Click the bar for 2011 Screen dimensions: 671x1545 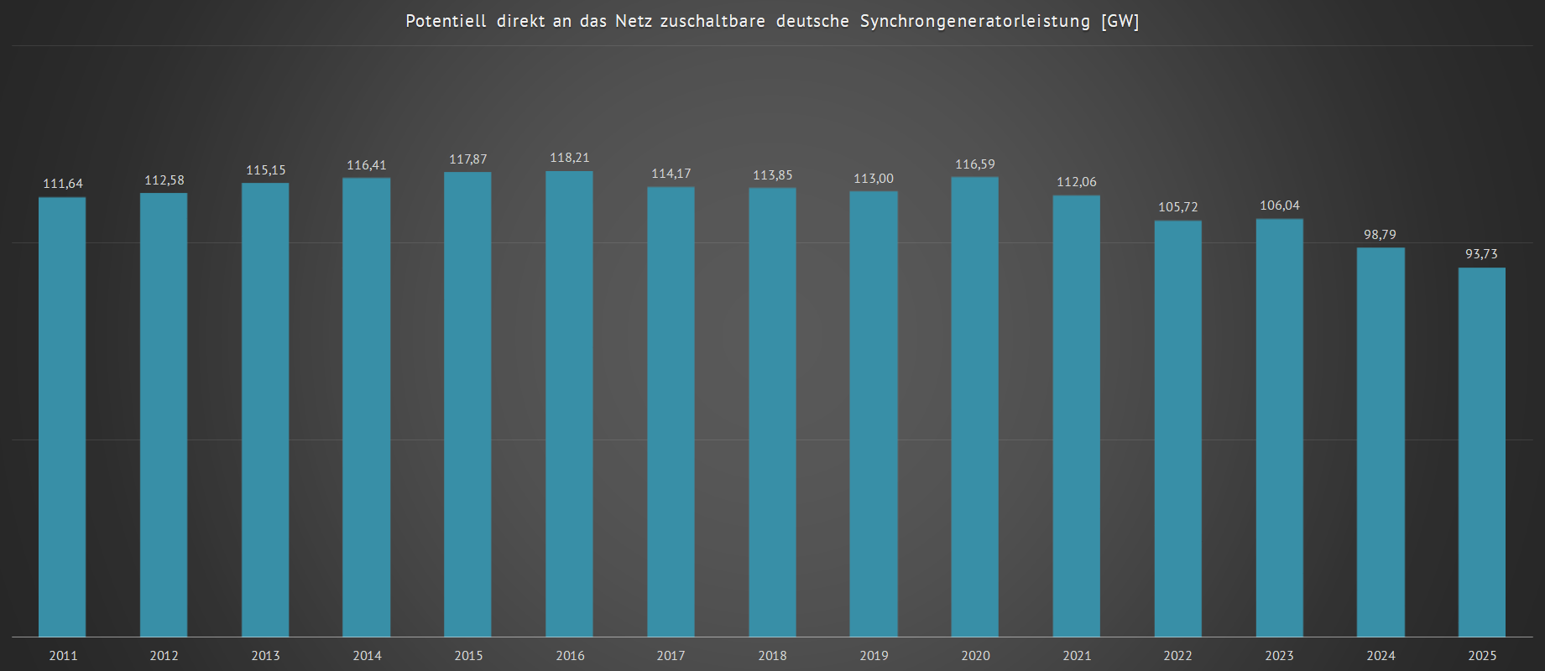pyautogui.click(x=62, y=417)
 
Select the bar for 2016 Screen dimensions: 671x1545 pyautogui.click(x=569, y=404)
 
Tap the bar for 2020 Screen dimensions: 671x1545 pyautogui.click(x=974, y=407)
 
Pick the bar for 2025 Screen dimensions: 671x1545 pyautogui.click(x=1481, y=452)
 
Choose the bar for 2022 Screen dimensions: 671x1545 pyautogui.click(x=1177, y=429)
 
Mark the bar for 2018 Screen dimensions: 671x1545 pyautogui.click(x=772, y=412)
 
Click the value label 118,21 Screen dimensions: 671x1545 pyautogui.click(x=570, y=158)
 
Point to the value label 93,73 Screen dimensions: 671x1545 pyautogui.click(x=1481, y=254)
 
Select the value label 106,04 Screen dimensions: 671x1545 pyautogui.click(x=1279, y=205)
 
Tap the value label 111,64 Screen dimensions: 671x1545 pyautogui.click(x=63, y=184)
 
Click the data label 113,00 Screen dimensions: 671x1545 pyautogui.click(x=874, y=179)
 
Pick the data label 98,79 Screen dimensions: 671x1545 pyautogui.click(x=1380, y=235)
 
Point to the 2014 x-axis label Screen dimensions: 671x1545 pyautogui.click(x=367, y=656)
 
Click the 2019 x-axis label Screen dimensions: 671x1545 pyautogui.click(x=874, y=656)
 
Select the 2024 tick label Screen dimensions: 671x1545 pyautogui.click(x=1381, y=656)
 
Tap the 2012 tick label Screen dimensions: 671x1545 pyautogui.click(x=164, y=656)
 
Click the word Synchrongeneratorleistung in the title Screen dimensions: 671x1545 pyautogui.click(x=974, y=21)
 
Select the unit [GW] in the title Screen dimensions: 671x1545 pyautogui.click(x=1120, y=21)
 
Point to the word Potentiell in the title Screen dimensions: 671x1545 pyautogui.click(x=446, y=21)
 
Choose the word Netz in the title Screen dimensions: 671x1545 pyautogui.click(x=633, y=21)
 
